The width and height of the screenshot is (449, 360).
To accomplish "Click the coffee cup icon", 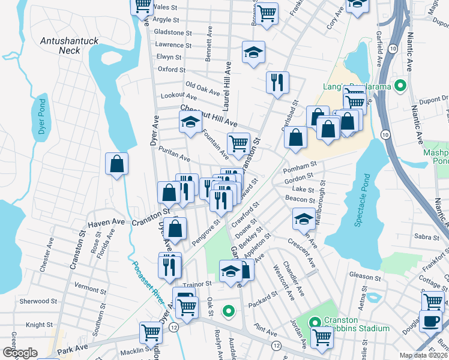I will pos(430,322).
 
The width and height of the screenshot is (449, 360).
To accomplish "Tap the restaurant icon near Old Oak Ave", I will pos(277,83).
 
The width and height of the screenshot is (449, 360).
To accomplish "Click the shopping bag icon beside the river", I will pos(116,164).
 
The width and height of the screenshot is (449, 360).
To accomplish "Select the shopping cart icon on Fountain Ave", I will pos(238,144).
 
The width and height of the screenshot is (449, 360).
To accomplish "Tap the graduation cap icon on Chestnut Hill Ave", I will pos(190,122).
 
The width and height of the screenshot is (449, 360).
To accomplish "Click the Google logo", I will pos(20,353).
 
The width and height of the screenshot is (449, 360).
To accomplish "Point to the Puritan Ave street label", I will pos(174,155).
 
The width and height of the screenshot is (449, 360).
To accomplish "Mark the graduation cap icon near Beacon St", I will pos(304,219).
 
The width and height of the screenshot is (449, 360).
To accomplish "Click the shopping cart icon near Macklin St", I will pos(150,332).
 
